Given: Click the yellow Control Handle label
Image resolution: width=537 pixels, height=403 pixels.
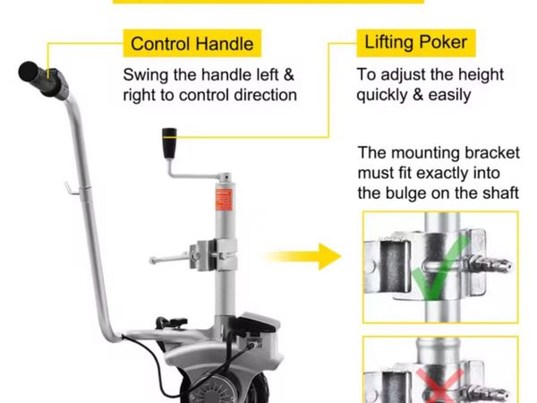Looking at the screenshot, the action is pos(192,43).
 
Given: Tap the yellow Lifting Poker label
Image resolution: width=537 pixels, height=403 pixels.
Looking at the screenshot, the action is pos(416,43).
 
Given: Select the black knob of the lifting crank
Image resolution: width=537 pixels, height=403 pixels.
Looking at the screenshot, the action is pos(169,143).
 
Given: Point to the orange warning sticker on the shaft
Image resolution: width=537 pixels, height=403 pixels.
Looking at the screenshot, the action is pos(224,200).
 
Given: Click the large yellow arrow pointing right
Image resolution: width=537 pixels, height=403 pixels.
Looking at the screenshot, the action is pos(303,256).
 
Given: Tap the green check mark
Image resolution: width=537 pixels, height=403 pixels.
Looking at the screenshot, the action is pos(439,267).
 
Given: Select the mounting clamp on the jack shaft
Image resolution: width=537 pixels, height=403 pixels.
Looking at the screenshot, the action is pos(213,254).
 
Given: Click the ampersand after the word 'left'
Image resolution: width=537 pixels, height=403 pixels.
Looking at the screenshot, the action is pos(289,75).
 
